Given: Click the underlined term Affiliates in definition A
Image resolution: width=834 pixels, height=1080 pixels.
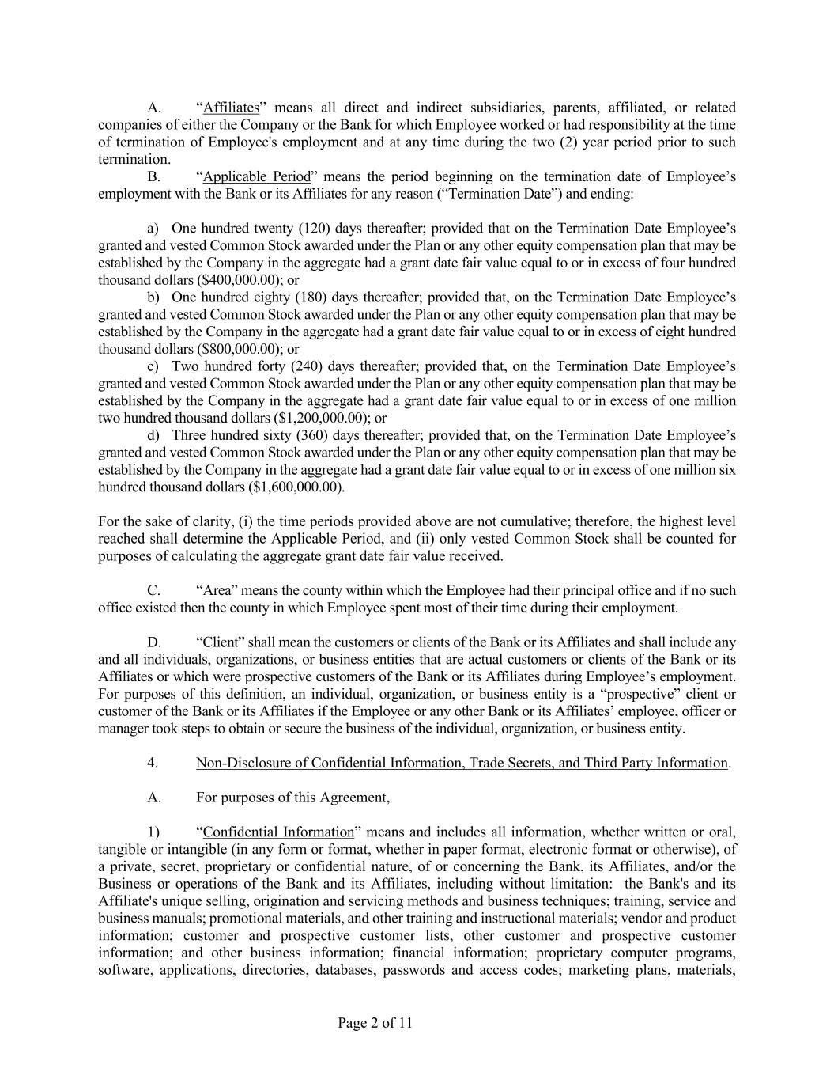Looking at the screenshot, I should pyautogui.click(x=232, y=108).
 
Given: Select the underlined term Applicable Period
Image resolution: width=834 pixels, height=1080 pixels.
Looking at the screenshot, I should pyautogui.click(x=257, y=176).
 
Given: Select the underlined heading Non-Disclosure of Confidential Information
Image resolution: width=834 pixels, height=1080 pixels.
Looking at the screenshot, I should pyautogui.click(x=462, y=763).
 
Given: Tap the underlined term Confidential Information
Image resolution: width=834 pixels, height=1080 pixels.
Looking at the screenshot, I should pyautogui.click(x=278, y=832).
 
